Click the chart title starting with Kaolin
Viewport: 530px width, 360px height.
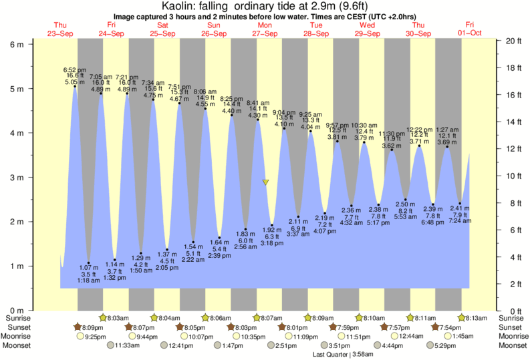coord(265,6)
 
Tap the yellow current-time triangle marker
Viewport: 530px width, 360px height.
coord(265,182)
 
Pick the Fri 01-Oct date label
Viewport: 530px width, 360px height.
coord(470,29)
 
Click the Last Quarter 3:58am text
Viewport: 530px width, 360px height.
coord(342,354)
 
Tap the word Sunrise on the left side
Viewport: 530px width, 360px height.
coord(16,319)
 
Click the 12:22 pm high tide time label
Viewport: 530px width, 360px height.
coord(420,130)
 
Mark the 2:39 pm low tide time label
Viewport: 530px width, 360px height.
coord(219,256)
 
